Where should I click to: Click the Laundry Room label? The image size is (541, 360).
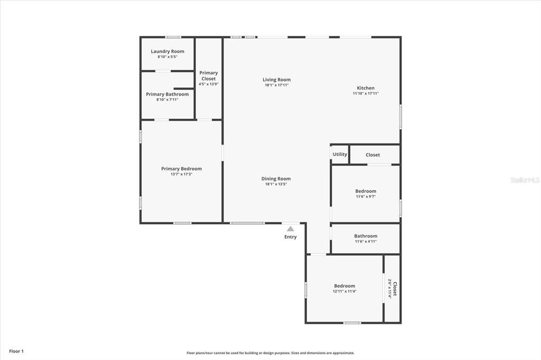coord(167,51)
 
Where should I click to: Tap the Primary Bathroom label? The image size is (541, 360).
coord(167,94)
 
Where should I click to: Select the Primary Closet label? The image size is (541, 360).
coord(208,75)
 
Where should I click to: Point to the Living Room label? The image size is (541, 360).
coord(277,80)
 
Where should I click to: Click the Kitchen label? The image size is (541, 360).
coord(366,88)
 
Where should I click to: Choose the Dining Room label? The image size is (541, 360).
coord(276,179)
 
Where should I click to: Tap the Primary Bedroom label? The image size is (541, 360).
coord(181,169)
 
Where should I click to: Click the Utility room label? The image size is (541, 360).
coord(340,154)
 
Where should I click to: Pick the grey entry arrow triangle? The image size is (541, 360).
coord(290,229)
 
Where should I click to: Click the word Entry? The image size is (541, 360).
coord(291,237)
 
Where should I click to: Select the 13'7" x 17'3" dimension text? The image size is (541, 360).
coord(181,174)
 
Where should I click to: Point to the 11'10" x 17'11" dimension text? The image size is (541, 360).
coord(366,93)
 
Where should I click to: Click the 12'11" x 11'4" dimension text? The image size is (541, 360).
coord(344,291)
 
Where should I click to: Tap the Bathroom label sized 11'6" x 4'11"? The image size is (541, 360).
coord(366,236)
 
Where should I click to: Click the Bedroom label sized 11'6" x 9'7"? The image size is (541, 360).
coord(366,191)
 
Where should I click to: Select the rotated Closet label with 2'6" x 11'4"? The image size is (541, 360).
coord(395,288)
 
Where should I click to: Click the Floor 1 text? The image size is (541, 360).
coord(16,351)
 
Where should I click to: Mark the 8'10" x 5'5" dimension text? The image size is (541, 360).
coord(167,56)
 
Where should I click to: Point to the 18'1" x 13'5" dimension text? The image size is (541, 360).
coord(276,184)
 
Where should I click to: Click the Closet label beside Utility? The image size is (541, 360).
coord(372,155)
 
